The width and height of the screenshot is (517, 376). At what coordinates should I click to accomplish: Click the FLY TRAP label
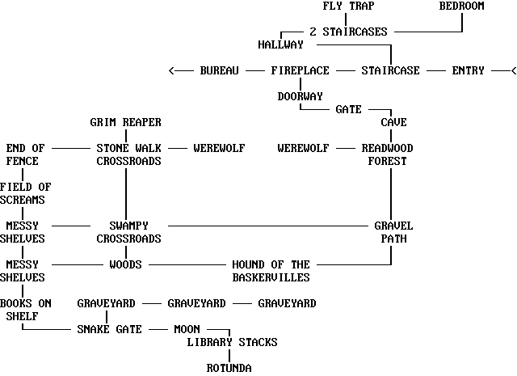coord(348,6)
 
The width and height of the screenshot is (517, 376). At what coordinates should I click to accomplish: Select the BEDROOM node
coord(461,6)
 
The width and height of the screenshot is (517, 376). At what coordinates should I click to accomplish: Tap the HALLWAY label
coord(280,44)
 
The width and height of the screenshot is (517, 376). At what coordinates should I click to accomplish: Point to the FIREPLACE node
coord(300,71)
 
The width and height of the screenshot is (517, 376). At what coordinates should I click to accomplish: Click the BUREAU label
coord(219,71)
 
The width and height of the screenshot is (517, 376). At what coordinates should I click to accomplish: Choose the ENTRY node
coord(468,71)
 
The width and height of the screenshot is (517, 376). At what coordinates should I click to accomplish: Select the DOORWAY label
coord(300,97)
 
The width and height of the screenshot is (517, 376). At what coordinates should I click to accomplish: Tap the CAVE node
coord(393,123)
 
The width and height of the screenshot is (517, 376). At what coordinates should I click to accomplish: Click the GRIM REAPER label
coord(125,123)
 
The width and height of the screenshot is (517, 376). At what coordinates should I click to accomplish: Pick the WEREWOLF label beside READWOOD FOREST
coord(303,149)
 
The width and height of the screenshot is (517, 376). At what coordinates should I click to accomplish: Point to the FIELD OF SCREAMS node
coord(25,193)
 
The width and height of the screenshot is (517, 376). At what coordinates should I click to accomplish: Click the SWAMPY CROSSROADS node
coord(128,232)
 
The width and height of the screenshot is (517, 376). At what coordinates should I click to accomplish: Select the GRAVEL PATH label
coord(393,232)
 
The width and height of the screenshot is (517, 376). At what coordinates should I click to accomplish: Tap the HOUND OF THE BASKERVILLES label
coord(271,271)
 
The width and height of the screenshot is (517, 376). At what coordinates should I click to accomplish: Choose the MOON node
coord(187,330)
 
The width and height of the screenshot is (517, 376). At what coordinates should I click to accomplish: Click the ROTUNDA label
coord(229,369)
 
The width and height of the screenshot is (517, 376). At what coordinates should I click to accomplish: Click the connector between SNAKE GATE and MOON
coord(158,330)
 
